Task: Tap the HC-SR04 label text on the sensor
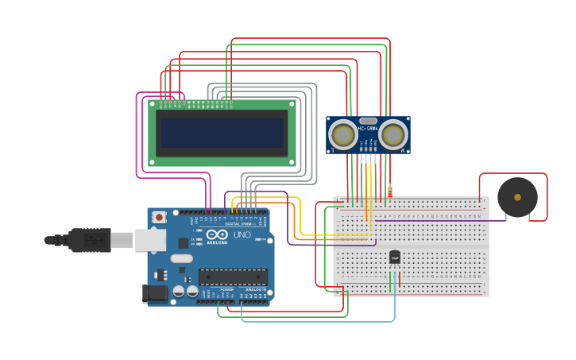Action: click(368, 129)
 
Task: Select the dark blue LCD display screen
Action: click(222, 133)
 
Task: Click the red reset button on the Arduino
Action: click(160, 217)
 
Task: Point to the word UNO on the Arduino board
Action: click(242, 235)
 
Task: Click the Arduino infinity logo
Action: click(217, 234)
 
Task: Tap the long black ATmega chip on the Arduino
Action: click(232, 277)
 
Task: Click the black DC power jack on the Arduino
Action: click(154, 293)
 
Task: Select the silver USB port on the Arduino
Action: click(150, 239)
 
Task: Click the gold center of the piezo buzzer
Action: click(517, 197)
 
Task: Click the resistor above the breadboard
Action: click(390, 192)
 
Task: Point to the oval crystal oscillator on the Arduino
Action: click(181, 258)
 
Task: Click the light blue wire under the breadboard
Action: click(318, 321)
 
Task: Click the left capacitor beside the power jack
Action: click(179, 292)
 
